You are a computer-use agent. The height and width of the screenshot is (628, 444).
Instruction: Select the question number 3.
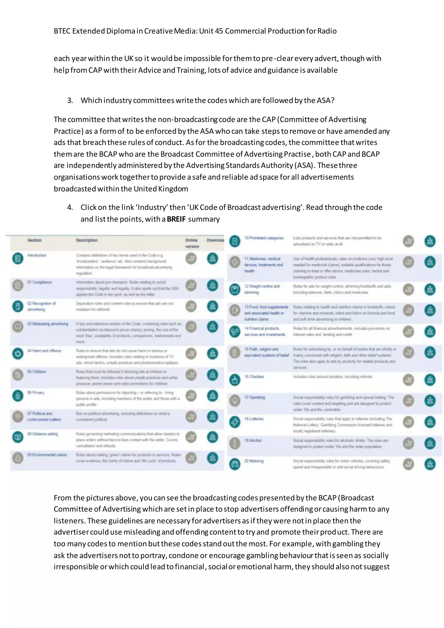(x=70, y=100)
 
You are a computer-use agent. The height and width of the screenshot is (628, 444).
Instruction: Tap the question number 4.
(x=70, y=207)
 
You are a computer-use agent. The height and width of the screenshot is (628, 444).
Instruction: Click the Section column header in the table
(x=34, y=240)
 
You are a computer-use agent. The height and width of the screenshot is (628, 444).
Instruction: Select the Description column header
(x=87, y=240)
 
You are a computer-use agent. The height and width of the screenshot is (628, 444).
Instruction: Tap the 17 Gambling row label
(x=255, y=397)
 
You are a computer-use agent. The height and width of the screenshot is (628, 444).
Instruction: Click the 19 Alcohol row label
(x=253, y=440)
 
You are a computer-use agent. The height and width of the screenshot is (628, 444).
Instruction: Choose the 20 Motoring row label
(x=254, y=461)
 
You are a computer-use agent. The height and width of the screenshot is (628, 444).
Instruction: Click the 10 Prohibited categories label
(x=264, y=238)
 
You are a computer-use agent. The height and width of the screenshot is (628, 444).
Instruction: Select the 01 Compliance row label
(x=39, y=282)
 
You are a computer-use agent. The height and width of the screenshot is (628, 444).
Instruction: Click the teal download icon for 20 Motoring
(x=430, y=464)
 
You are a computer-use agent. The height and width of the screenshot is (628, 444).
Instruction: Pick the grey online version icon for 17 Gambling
(x=408, y=401)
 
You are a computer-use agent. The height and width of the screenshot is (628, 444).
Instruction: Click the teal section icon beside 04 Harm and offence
(x=18, y=354)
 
